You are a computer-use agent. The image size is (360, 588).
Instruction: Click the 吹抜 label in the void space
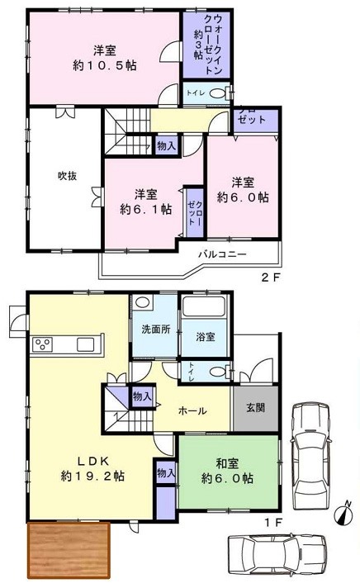pos(68,175)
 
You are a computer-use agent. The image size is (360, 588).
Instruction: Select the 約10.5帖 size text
pos(104,66)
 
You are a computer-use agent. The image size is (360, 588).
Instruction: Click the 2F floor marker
pos(270,277)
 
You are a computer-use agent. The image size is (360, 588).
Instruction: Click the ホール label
pos(192,411)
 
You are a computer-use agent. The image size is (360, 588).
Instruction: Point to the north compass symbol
pos(343,511)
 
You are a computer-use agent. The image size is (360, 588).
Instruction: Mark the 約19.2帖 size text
pos(92,477)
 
